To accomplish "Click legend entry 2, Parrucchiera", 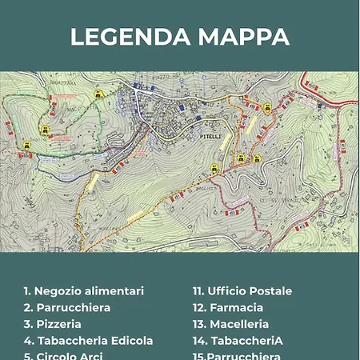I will tap(67, 308).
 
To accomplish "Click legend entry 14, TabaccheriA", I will tap(238, 341).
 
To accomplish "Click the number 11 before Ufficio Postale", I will tap(198, 291).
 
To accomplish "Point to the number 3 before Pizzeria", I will tap(27, 324).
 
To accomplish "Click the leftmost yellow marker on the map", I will tap(26, 145).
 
